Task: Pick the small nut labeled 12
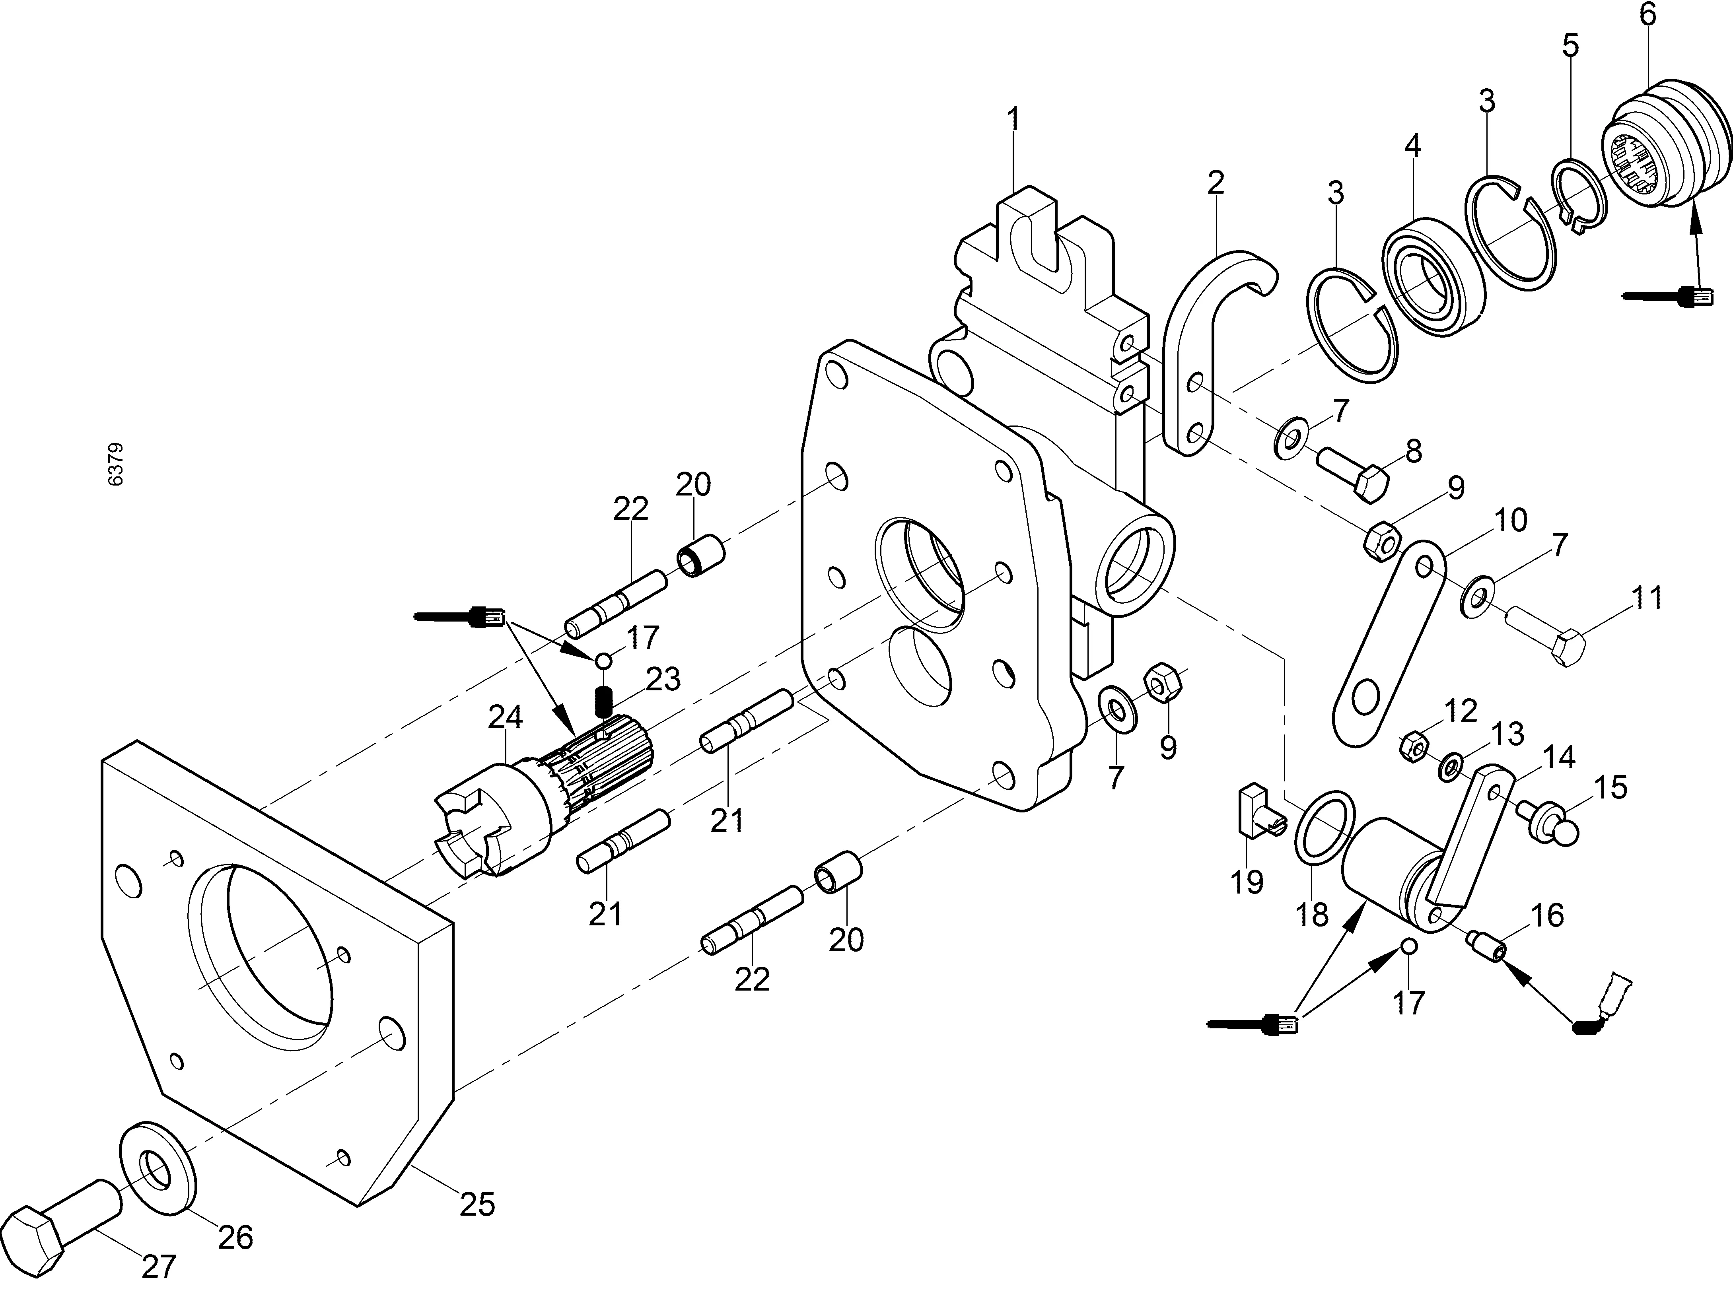(x=1414, y=745)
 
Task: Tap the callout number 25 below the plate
(x=477, y=1205)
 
